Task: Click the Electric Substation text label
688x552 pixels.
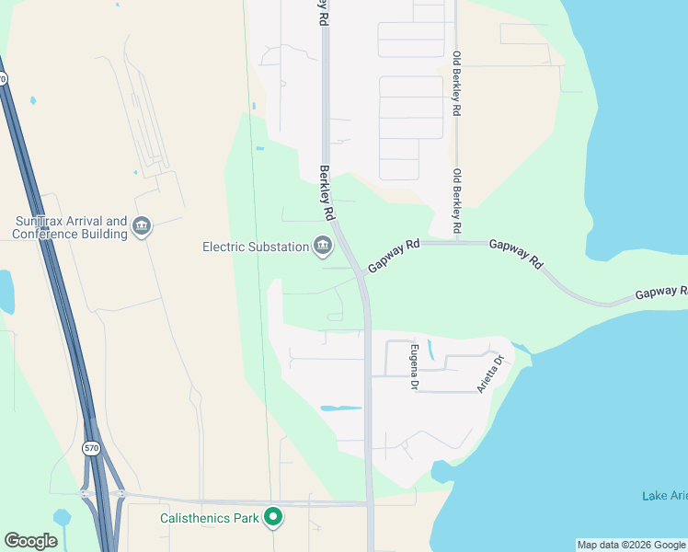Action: pyautogui.click(x=255, y=247)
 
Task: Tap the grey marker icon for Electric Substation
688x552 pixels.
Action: pyautogui.click(x=323, y=246)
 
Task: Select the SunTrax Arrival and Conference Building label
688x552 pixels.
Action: pyautogui.click(x=70, y=228)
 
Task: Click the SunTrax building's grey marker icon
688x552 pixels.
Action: pyautogui.click(x=142, y=226)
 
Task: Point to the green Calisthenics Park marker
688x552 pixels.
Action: pyautogui.click(x=272, y=518)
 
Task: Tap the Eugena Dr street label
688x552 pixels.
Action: pyautogui.click(x=415, y=365)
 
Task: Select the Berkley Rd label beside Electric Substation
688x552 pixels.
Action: pyautogui.click(x=326, y=192)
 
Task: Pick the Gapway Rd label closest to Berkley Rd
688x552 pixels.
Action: pyautogui.click(x=393, y=256)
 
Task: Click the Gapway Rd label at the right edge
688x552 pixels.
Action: pyautogui.click(x=660, y=293)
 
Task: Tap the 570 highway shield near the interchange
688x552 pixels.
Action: pyautogui.click(x=90, y=449)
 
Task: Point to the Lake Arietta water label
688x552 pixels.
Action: pyautogui.click(x=664, y=497)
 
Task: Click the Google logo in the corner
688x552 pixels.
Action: pyautogui.click(x=30, y=541)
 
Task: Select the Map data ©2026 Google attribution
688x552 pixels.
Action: pyautogui.click(x=631, y=545)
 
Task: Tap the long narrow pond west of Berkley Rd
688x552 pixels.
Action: pyautogui.click(x=340, y=408)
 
